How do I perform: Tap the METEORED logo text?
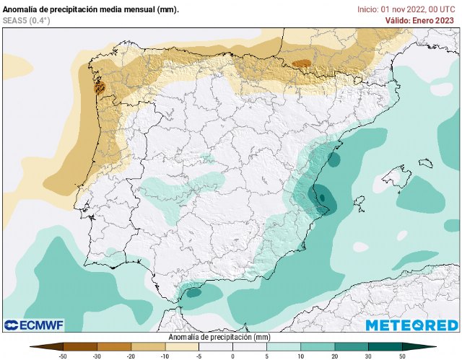pyautogui.click(x=411, y=325)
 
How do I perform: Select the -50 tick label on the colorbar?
pyautogui.click(x=64, y=356)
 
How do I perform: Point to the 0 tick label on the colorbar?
pyautogui.click(x=232, y=356)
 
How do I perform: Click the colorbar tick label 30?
pyautogui.click(x=367, y=356)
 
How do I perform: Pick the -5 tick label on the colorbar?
pyautogui.click(x=199, y=356)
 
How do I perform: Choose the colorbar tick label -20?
pyautogui.click(x=131, y=356)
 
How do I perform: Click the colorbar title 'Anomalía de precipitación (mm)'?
pyautogui.click(x=219, y=337)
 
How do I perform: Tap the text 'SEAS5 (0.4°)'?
pyautogui.click(x=27, y=20)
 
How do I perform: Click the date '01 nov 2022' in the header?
pyautogui.click(x=394, y=9)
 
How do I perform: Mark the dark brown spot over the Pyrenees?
pyautogui.click(x=302, y=63)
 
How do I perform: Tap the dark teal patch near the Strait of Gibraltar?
pyautogui.click(x=193, y=293)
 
